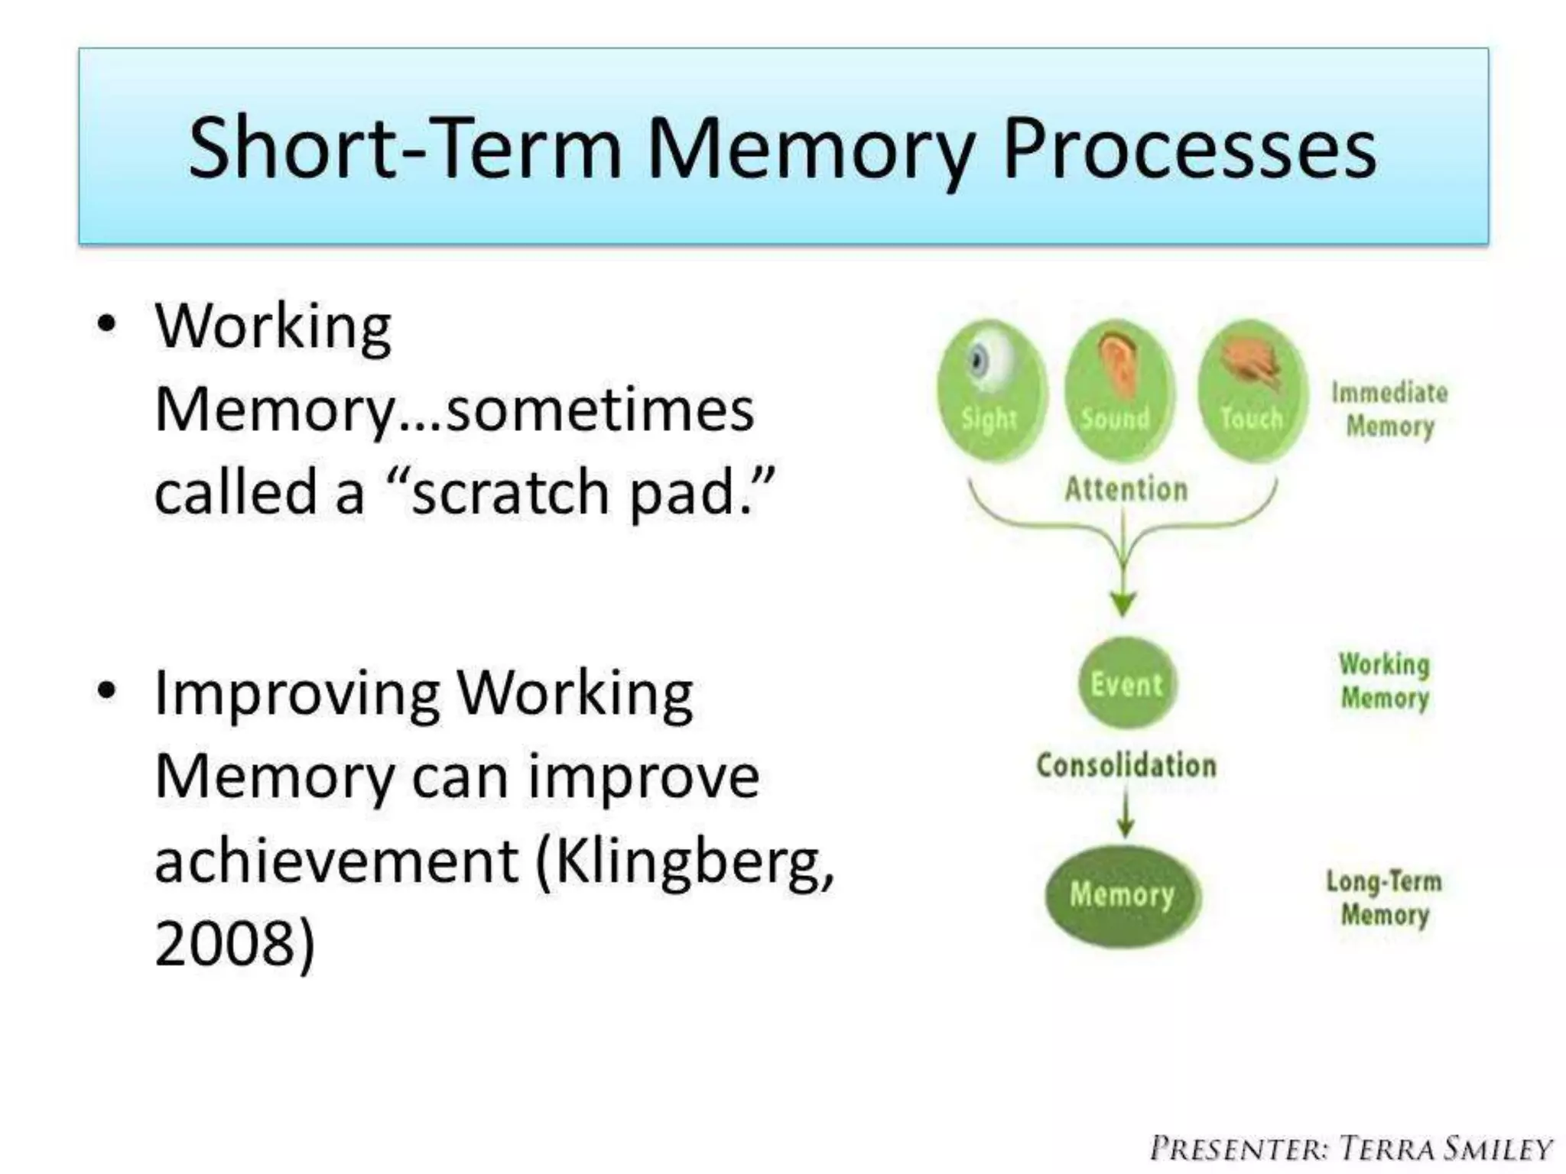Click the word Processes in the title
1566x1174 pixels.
click(1189, 148)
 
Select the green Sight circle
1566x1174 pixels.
click(991, 391)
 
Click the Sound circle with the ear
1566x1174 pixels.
click(1117, 391)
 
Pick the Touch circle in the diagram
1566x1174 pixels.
click(1252, 391)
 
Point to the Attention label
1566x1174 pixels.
click(1126, 489)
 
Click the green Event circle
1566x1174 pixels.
click(1127, 683)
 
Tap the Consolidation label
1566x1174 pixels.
click(1126, 765)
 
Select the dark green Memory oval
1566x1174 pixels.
click(1123, 895)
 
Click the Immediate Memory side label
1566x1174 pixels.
click(1389, 410)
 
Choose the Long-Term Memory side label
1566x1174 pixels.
click(1384, 897)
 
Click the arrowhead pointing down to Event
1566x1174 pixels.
click(1123, 604)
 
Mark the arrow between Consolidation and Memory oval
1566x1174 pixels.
click(1125, 814)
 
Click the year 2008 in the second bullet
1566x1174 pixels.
click(224, 943)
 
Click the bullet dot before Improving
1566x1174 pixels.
click(107, 690)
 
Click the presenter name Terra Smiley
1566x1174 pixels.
click(1445, 1149)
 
